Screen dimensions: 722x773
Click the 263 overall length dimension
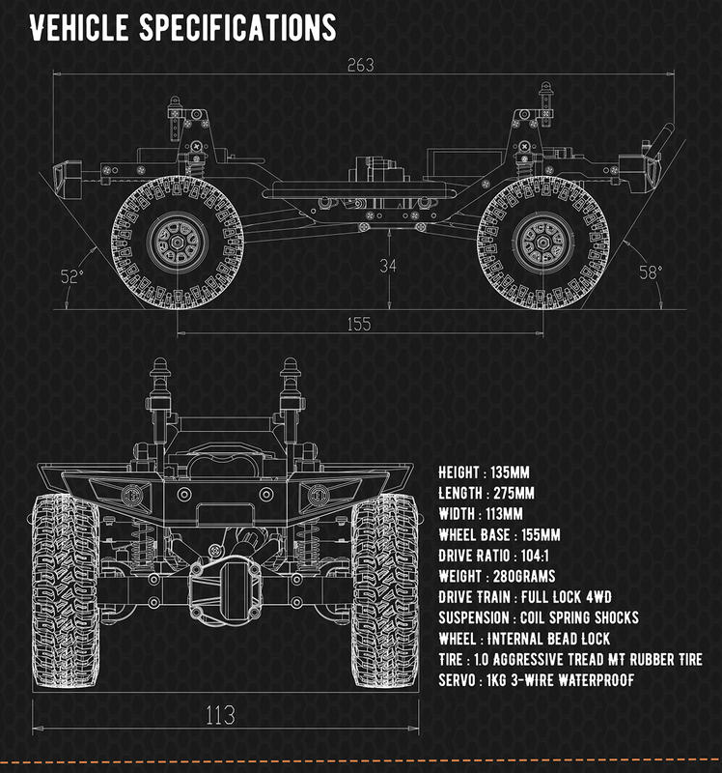[360, 65]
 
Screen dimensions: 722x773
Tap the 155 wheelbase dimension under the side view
[358, 324]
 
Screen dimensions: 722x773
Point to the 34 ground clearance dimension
[388, 266]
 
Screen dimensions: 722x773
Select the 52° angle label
[71, 276]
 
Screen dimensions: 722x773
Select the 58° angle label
[651, 272]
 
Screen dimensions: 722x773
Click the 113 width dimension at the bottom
[220, 715]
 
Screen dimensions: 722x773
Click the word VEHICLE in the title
[79, 28]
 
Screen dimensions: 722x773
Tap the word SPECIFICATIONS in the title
[237, 28]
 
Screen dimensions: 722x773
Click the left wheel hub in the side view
[178, 243]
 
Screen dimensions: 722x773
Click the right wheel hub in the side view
[543, 243]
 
